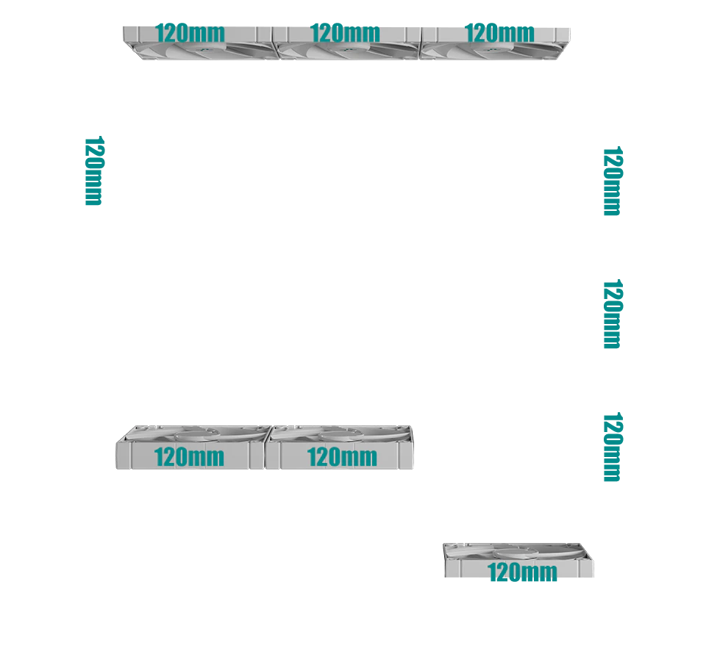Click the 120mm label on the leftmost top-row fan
pyautogui.click(x=190, y=33)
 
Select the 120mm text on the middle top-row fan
pyautogui.click(x=345, y=33)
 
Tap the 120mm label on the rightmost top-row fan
pyautogui.click(x=499, y=33)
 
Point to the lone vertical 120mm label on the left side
pyautogui.click(x=94, y=171)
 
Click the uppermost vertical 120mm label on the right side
pyautogui.click(x=613, y=181)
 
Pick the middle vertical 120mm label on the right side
pyautogui.click(x=613, y=314)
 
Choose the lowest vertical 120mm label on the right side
pyautogui.click(x=613, y=447)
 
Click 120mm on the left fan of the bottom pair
pyautogui.click(x=189, y=457)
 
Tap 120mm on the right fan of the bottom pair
pyautogui.click(x=342, y=457)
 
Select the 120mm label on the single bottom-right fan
pyautogui.click(x=522, y=572)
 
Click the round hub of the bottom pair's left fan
pyautogui.click(x=196, y=435)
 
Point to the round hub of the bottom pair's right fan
pyautogui.click(x=341, y=435)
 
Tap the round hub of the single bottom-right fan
pyautogui.click(x=517, y=553)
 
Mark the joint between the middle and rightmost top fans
pyautogui.click(x=421, y=43)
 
